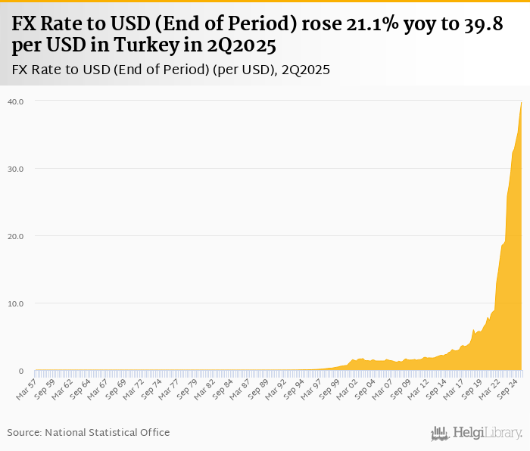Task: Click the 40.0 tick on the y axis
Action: coord(16,101)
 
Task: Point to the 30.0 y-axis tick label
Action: coord(16,168)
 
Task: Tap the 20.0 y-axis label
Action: coord(16,236)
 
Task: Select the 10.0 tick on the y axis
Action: coord(16,303)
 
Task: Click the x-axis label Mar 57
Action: coord(26,387)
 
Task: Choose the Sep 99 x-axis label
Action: coord(329,387)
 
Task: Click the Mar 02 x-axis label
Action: coord(347,387)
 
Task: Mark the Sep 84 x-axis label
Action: coord(222,387)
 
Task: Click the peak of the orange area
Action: coord(521,102)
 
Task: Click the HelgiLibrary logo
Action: coord(477,433)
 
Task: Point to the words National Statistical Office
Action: coord(108,432)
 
